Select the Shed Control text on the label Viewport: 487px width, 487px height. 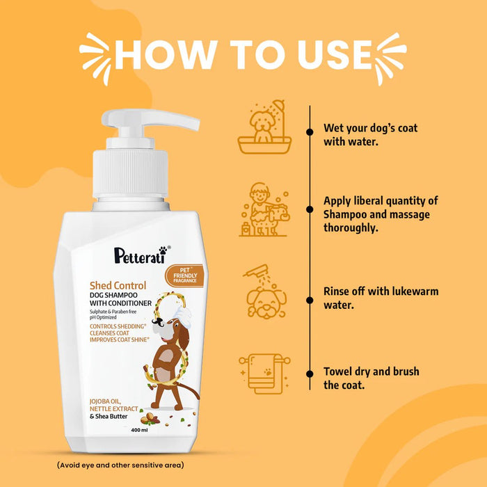pyautogui.click(x=117, y=285)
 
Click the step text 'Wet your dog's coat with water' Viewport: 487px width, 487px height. pyautogui.click(x=370, y=135)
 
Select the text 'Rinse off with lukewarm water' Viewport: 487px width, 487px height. pyautogui.click(x=381, y=298)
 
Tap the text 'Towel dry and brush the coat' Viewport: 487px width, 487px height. pyautogui.click(x=371, y=378)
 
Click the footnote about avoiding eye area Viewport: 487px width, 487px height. pyautogui.click(x=120, y=464)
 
